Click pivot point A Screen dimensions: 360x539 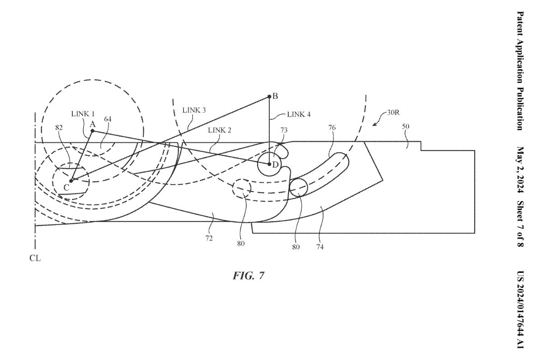92,131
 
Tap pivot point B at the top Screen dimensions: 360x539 269,96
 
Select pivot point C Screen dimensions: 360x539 71,181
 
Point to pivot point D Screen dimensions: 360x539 270,164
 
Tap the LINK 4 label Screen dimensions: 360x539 298,114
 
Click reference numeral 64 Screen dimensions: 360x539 108,119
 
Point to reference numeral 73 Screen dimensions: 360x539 284,130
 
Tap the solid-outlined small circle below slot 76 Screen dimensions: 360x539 298,187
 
